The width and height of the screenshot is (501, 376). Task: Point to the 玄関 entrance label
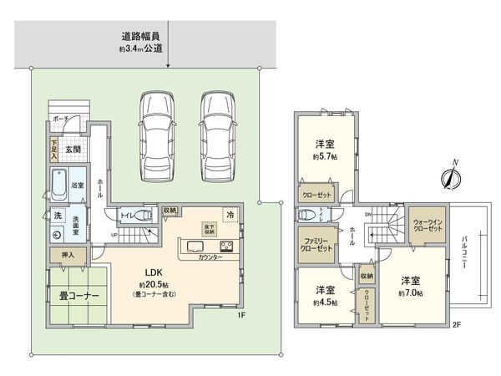pyautogui.click(x=72, y=150)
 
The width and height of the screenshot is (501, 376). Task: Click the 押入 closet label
pyautogui.click(x=68, y=254)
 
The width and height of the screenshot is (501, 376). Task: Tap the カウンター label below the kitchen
pyautogui.click(x=210, y=258)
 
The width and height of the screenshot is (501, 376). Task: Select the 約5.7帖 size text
pyautogui.click(x=326, y=157)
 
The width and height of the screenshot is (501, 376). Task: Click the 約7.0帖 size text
pyautogui.click(x=408, y=293)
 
